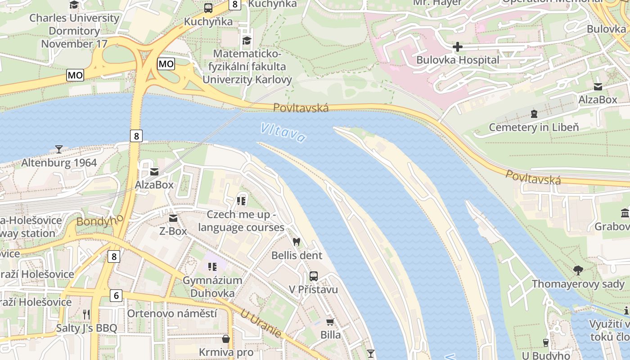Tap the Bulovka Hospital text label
457,60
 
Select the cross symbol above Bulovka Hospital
457,47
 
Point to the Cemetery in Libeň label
534,127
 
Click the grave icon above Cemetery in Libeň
534,113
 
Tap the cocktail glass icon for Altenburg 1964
58,149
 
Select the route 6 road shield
116,296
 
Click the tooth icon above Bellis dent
296,242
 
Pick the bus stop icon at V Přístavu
314,276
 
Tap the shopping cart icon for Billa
330,322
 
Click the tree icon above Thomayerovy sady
578,270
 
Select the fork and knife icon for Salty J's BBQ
86,314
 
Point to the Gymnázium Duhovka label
212,287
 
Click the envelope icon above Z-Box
173,218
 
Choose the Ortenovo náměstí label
172,313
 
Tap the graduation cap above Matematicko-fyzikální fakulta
247,41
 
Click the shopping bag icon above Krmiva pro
226,338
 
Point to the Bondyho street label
100,220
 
